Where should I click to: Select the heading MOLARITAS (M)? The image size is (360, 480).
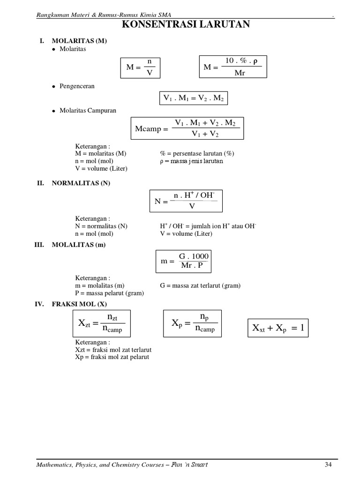[79, 41]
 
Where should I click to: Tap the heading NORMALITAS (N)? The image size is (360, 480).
[81, 183]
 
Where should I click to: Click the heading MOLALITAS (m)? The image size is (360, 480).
[79, 244]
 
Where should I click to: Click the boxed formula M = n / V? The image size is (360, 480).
[140, 67]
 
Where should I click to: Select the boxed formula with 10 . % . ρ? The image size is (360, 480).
[232, 67]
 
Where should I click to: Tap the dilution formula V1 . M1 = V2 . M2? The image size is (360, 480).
[193, 98]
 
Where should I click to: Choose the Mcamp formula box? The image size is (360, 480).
[187, 128]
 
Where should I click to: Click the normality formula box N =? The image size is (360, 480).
[186, 201]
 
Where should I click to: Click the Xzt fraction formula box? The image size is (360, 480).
[102, 323]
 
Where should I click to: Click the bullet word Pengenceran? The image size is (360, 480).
[76, 86]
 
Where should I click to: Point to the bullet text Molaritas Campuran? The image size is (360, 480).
[88, 111]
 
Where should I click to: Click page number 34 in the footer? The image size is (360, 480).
[328, 465]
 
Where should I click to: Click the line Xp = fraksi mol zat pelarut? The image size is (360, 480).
[112, 357]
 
